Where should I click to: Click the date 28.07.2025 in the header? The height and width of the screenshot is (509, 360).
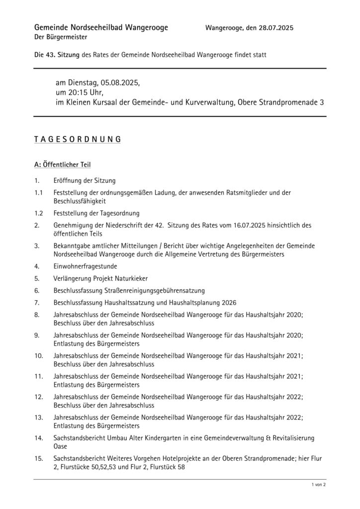(273, 28)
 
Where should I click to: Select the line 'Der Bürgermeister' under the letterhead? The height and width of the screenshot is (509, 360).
(61, 37)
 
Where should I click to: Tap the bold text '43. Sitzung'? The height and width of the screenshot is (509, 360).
(57, 55)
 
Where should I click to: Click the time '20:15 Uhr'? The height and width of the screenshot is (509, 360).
(86, 92)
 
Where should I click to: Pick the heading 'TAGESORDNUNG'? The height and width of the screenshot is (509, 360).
(77, 140)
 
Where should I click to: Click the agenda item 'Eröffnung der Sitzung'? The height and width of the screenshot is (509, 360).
(85, 181)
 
